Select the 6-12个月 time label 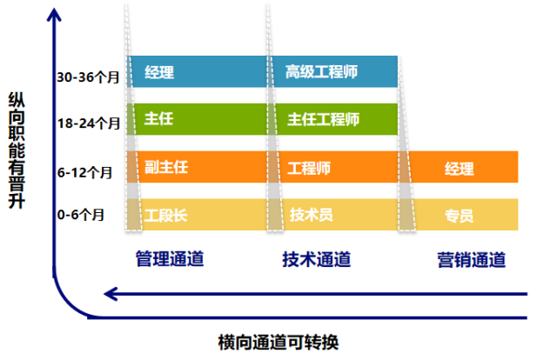coord(85,172)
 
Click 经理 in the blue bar coord(160,72)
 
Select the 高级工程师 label coord(321,72)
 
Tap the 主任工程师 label coord(322,119)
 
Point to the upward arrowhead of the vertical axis coord(57,14)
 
